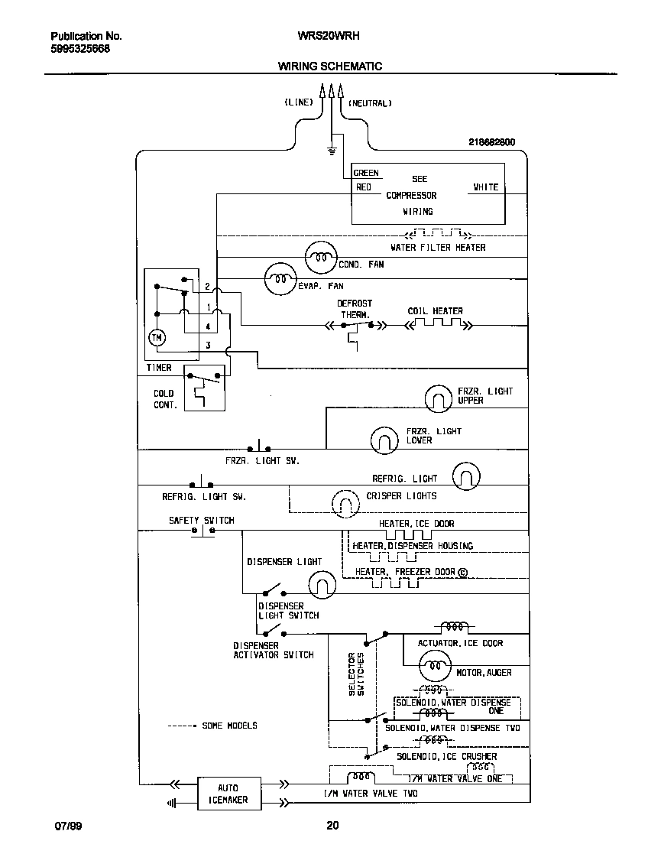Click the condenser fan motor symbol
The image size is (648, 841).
(320, 258)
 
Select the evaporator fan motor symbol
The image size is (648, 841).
(280, 280)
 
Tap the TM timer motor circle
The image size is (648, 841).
(157, 337)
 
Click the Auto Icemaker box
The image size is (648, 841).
(228, 794)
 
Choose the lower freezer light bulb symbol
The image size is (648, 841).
(384, 439)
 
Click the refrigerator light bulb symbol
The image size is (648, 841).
(466, 476)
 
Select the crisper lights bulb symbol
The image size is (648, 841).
(345, 502)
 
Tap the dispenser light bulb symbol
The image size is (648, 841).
(322, 586)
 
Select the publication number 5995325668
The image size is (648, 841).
(79, 48)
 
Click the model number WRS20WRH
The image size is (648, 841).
(329, 36)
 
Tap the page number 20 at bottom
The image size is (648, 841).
(331, 826)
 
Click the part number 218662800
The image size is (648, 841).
(491, 142)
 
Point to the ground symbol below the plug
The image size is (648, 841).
(332, 149)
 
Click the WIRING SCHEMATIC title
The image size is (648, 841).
(329, 67)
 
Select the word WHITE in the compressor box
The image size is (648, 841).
(485, 187)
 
